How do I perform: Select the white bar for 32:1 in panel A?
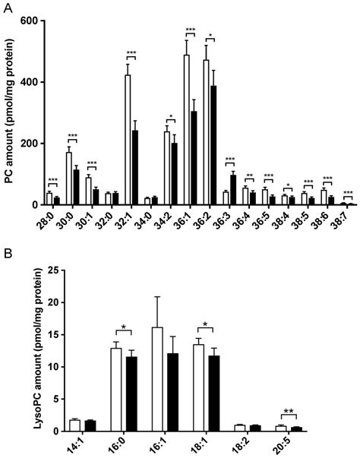tap(128, 141)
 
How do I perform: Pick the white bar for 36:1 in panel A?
tap(187, 130)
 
